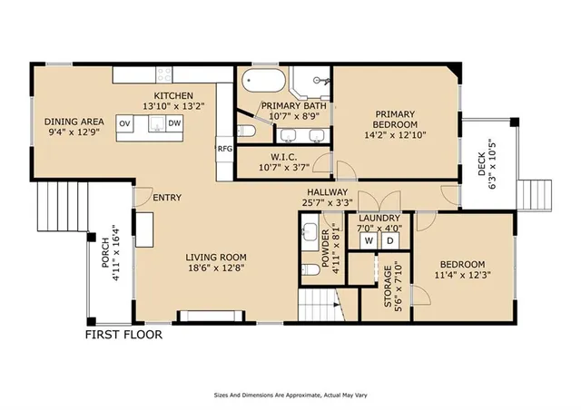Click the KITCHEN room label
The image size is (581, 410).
click(172, 95)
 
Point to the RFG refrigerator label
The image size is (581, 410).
click(224, 148)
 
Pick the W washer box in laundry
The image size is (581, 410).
click(370, 240)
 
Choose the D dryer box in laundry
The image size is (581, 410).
click(390, 240)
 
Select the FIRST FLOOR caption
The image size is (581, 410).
click(123, 335)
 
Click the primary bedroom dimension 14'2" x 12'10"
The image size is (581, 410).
click(394, 135)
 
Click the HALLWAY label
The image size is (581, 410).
click(326, 192)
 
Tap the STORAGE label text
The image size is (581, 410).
click(388, 288)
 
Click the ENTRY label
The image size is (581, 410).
click(166, 198)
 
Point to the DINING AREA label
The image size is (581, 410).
click(74, 122)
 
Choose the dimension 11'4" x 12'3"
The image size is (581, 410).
click(463, 274)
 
